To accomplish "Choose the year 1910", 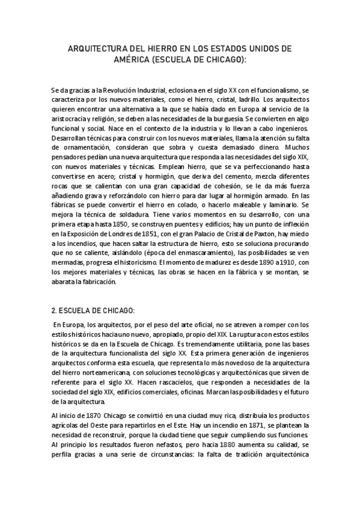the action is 278,263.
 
